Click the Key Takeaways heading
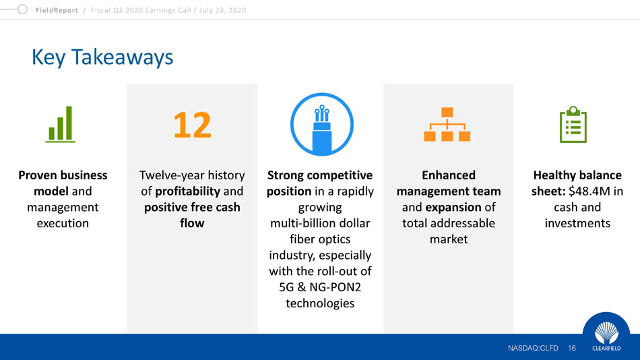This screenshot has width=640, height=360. point(102,57)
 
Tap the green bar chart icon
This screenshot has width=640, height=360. point(61,124)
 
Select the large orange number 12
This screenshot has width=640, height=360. point(192,125)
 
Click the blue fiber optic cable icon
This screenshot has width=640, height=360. point(321,124)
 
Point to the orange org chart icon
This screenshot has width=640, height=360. point(447,124)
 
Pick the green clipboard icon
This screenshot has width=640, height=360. point(573,124)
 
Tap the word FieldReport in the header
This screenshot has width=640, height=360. point(57,10)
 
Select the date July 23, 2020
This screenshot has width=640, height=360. point(222,10)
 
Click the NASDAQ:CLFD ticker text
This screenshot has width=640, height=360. point(533,348)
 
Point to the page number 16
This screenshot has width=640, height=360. point(572,348)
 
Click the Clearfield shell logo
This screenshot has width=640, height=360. point(606,332)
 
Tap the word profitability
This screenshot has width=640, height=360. point(188,191)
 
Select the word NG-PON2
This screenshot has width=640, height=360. point(335,287)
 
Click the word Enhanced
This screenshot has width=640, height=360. point(449,175)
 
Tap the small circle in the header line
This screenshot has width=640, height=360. point(22,9)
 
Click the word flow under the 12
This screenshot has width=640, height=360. point(192,223)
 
